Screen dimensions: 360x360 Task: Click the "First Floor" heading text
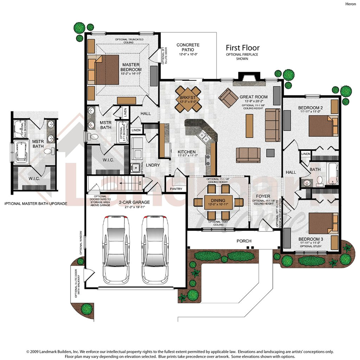point(242,48)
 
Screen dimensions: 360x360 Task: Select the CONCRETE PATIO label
point(188,47)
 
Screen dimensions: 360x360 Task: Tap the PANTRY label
point(176,189)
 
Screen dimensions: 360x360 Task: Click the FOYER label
point(263,196)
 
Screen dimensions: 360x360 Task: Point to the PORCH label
point(244,241)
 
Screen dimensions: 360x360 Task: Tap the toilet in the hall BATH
point(320,181)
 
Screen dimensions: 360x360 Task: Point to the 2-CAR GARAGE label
point(134,202)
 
